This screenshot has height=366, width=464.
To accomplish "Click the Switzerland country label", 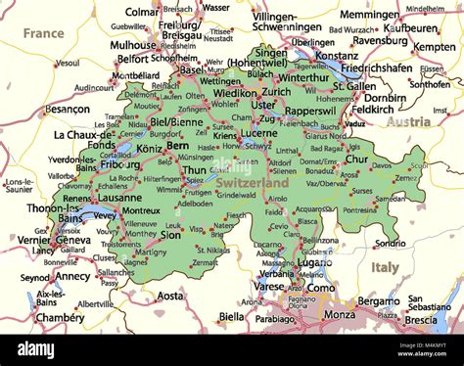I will point(253,183).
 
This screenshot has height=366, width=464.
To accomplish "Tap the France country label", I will point(43,32).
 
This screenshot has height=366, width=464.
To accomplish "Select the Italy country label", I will point(385,265).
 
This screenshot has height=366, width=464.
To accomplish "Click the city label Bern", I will point(177,145).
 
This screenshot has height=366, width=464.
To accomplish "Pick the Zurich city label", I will point(276,91).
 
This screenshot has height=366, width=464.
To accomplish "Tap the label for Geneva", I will point(73,240).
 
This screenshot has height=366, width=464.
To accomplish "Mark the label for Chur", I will point(357,159).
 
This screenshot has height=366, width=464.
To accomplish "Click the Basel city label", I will point(191,69).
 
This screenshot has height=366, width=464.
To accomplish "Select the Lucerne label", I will point(259,132).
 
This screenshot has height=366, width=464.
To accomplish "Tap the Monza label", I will point(340,315).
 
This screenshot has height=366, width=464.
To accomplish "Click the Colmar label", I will point(143,13).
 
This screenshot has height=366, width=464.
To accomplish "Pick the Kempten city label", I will point(435,47).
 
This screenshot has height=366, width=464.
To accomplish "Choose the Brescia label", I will point(422,319).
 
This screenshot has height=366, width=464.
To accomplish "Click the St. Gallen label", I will point(353,85).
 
